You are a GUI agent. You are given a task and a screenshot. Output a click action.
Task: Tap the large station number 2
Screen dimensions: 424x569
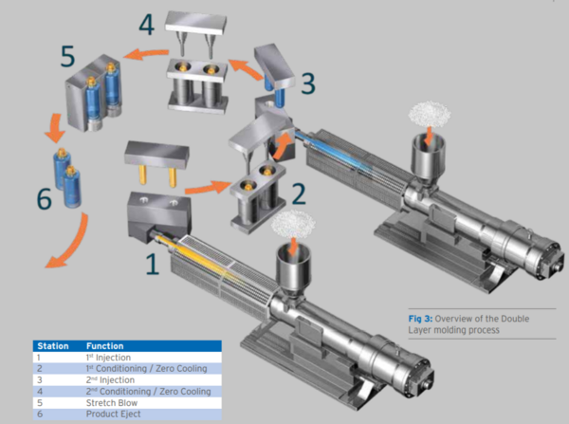pyautogui.click(x=299, y=194)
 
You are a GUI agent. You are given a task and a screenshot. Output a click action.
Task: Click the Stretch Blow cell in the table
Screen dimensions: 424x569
pyautogui.click(x=109, y=402)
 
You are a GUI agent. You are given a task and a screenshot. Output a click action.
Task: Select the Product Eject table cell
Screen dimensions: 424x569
pyautogui.click(x=112, y=414)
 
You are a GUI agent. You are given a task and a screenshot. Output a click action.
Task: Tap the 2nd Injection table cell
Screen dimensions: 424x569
pyautogui.click(x=110, y=379)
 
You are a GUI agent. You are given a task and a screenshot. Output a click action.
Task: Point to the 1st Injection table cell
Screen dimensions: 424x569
pyautogui.click(x=110, y=358)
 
